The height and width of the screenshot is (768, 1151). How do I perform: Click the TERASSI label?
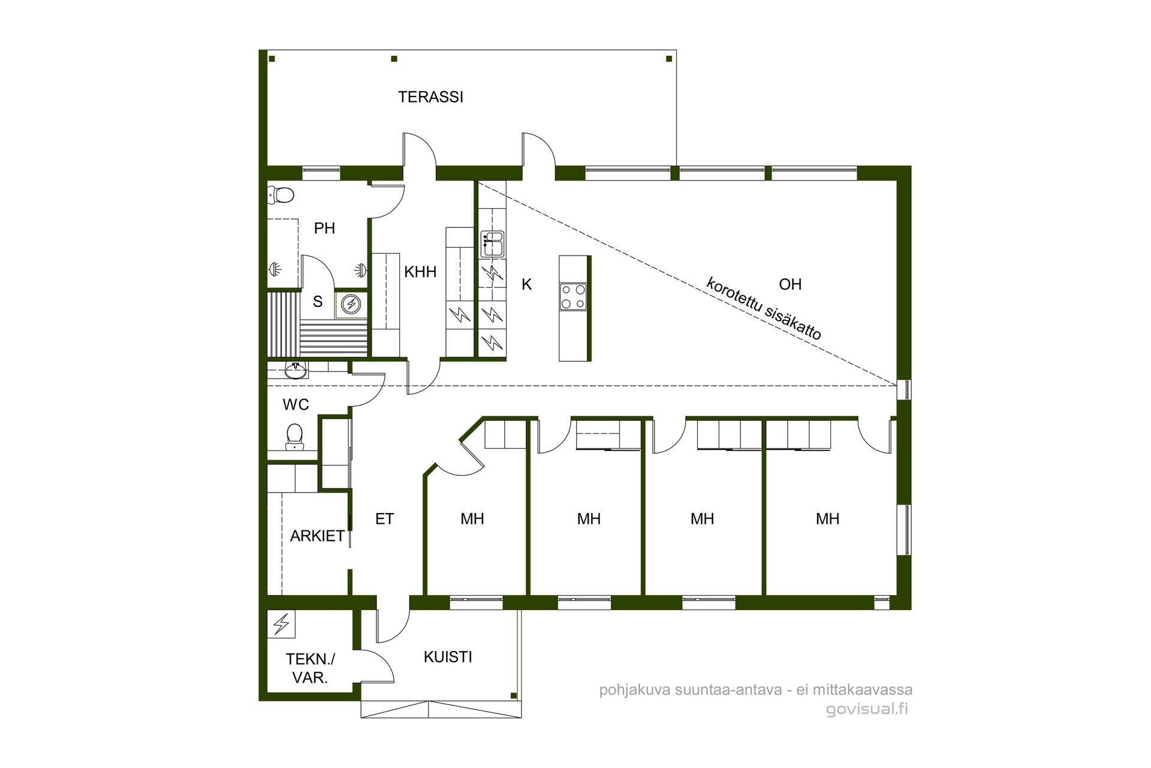430,97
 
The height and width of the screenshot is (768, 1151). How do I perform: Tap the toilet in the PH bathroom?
281,194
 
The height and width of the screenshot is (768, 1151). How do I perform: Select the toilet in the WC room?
294,437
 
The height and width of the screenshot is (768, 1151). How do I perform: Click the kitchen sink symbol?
492,244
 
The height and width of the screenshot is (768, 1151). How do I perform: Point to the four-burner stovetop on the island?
573,297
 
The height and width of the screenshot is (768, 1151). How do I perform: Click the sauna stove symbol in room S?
351,305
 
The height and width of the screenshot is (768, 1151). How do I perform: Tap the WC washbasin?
295,371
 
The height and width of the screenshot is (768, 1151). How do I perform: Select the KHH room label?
420,272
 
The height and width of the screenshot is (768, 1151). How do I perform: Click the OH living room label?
790,284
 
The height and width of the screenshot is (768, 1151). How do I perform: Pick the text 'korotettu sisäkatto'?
763,308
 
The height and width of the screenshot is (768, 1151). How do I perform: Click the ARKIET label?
317,536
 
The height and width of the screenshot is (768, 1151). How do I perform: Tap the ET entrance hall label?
384,519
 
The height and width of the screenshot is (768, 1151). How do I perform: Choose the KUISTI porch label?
448,657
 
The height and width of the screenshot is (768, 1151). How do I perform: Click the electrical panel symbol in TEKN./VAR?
281,624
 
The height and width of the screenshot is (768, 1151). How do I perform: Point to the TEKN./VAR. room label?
310,668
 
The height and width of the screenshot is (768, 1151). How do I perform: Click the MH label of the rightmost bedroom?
827,519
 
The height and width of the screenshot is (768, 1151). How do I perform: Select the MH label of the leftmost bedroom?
472,519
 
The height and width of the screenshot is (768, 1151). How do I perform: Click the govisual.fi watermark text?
867,709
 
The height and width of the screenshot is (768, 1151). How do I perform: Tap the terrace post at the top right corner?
669,59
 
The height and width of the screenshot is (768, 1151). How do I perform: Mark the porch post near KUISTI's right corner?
513,695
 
